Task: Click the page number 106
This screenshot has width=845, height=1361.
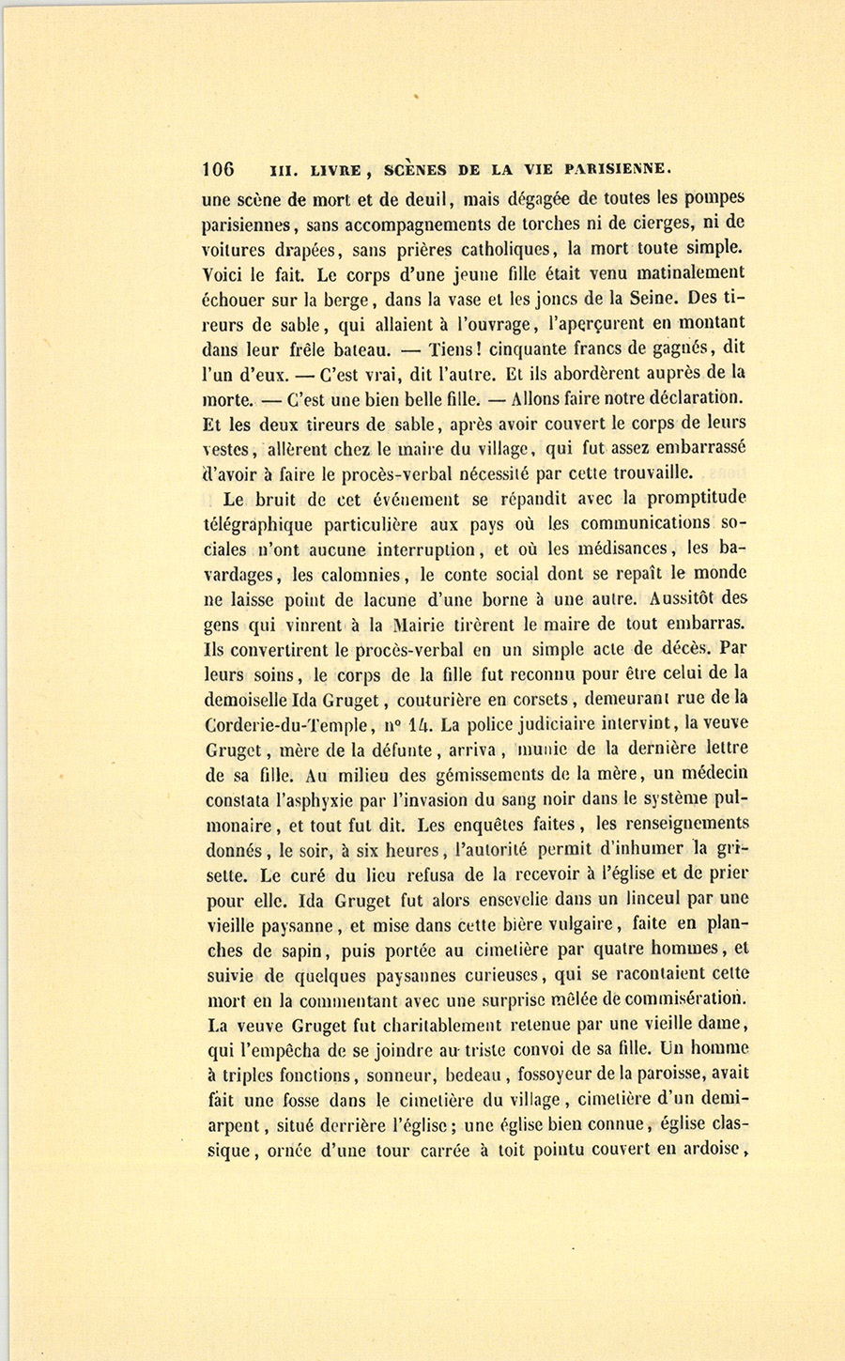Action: pos(218,170)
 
